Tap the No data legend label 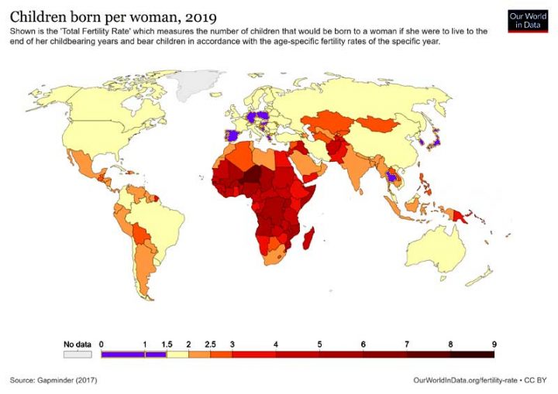[x=77, y=344]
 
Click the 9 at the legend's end [x=494, y=344]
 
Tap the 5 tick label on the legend [x=319, y=344]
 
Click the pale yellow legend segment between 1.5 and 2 [x=177, y=355]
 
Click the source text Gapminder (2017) [x=53, y=381]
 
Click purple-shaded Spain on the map [x=231, y=135]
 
